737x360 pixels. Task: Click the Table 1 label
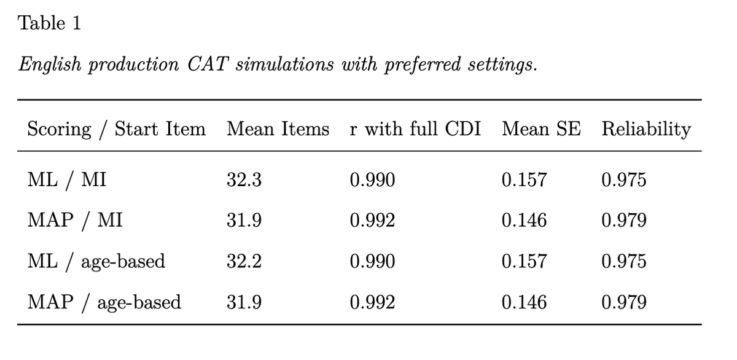(x=50, y=23)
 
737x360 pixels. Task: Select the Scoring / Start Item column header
(x=116, y=129)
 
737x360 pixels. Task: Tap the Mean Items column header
(x=278, y=129)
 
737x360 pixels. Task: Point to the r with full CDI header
(x=415, y=129)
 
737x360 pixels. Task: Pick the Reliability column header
(x=646, y=129)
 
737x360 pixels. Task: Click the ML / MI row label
(x=67, y=180)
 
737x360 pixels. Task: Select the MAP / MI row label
(x=75, y=221)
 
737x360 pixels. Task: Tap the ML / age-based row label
(x=96, y=262)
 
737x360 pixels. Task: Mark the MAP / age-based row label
(x=104, y=302)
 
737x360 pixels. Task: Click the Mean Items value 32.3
(x=244, y=180)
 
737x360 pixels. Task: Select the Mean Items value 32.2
(x=244, y=262)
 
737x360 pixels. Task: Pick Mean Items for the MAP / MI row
(x=244, y=221)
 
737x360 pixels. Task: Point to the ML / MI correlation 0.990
(x=372, y=180)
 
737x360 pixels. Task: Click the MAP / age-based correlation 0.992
(x=372, y=302)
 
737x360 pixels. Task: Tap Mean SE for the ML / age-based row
(x=524, y=262)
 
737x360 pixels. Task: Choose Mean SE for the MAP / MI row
(x=524, y=221)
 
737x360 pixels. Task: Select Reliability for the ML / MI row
(x=624, y=180)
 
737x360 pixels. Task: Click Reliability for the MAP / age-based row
(x=624, y=302)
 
